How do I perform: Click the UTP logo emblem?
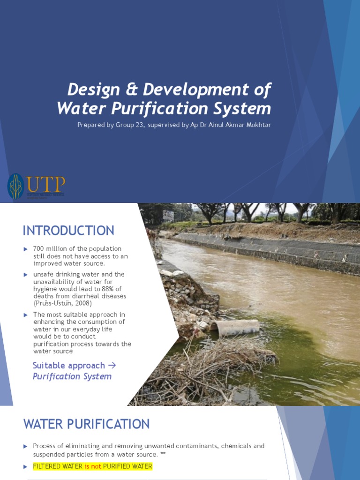point(15,186)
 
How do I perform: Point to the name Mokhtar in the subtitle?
point(257,125)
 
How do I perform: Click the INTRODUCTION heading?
point(68,231)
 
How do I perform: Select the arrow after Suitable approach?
point(112,365)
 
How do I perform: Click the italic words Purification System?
point(72,376)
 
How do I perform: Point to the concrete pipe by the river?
point(236,327)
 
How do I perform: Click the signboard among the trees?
point(168,215)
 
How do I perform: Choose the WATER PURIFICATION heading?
point(87,424)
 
